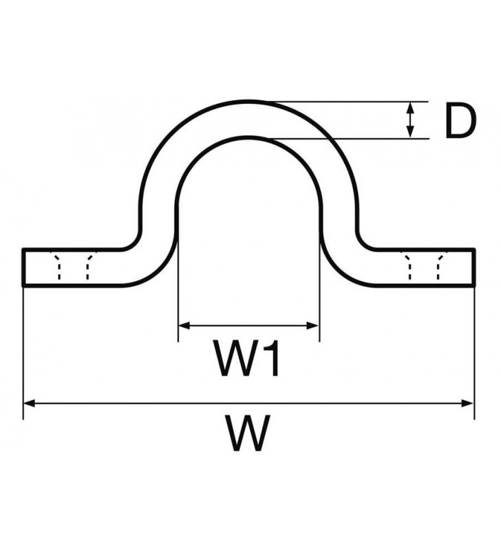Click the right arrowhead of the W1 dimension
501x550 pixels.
315,324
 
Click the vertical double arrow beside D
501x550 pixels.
411,120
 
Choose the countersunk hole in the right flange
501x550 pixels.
423,267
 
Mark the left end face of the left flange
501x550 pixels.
23,267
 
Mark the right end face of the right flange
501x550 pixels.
474,267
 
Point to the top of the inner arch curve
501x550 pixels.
249,137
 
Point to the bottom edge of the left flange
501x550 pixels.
76,284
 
